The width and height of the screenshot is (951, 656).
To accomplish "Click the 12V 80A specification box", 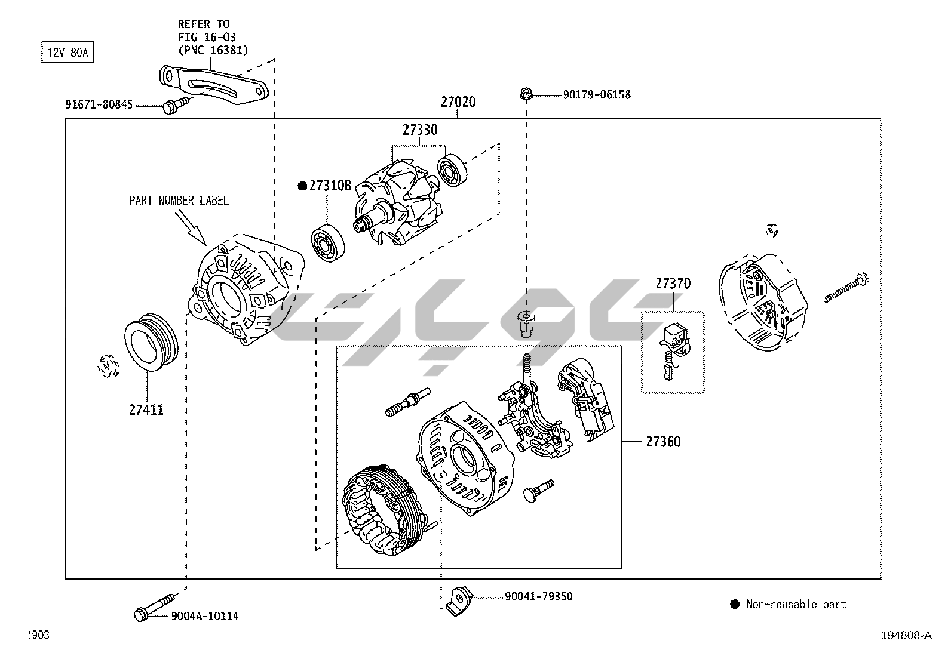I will [x=68, y=53].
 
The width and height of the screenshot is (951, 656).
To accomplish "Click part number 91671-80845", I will [x=99, y=105].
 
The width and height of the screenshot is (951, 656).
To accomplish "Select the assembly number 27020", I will [x=458, y=102].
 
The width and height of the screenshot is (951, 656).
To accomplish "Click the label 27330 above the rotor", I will [x=419, y=130].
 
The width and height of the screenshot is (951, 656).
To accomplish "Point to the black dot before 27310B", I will [x=302, y=186].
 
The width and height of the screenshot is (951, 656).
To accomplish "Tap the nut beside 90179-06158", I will [x=526, y=94].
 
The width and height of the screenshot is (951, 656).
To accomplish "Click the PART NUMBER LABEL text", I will [x=179, y=201].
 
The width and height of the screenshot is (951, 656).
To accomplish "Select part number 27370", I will [x=673, y=284].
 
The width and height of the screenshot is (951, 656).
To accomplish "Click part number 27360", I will [x=663, y=442].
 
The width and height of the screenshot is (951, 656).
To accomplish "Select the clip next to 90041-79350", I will [x=459, y=598].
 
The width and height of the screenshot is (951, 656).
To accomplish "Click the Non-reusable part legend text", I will [x=796, y=604].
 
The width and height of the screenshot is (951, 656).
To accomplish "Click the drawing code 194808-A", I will [x=906, y=636].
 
